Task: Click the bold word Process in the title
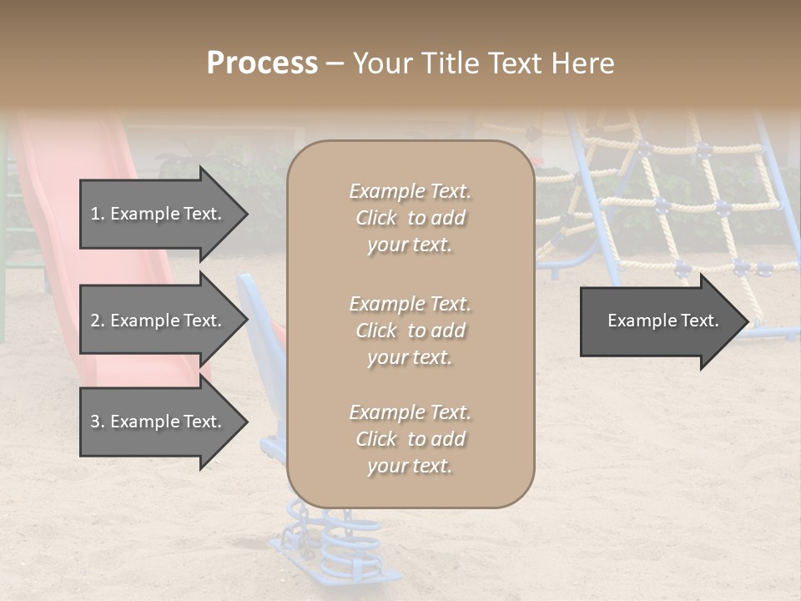point(262,63)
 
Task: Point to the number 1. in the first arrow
point(98,214)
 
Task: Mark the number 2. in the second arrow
point(98,321)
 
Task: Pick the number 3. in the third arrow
point(98,422)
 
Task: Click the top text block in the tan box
point(410,218)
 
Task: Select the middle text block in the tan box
point(410,331)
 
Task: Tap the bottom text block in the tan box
point(410,439)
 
